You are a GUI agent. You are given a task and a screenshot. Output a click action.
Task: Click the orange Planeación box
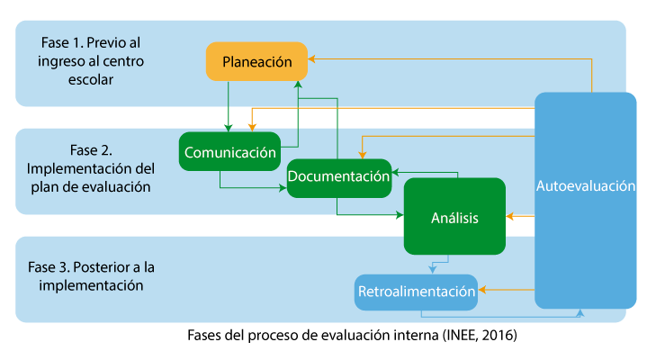[x=256, y=62]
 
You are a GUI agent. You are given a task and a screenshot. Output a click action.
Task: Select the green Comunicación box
[x=229, y=152]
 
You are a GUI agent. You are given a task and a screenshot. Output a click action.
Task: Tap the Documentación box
[x=338, y=177]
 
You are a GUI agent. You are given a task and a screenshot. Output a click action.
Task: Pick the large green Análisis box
[x=454, y=217]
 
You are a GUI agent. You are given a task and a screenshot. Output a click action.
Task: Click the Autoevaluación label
[x=586, y=187]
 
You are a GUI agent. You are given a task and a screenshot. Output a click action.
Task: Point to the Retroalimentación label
[x=416, y=292]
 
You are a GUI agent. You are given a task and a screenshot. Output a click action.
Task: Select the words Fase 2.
[x=90, y=149]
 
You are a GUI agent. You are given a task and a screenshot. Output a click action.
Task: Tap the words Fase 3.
[x=49, y=267]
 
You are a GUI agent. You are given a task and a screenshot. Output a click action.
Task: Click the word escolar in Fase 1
[x=90, y=79]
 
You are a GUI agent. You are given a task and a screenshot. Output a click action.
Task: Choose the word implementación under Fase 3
[x=90, y=285]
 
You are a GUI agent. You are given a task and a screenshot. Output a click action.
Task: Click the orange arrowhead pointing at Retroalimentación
[x=482, y=291]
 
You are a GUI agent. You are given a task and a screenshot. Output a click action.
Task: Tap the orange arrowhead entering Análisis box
[x=509, y=217]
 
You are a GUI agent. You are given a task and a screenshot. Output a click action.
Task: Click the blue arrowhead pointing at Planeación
[x=311, y=59]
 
